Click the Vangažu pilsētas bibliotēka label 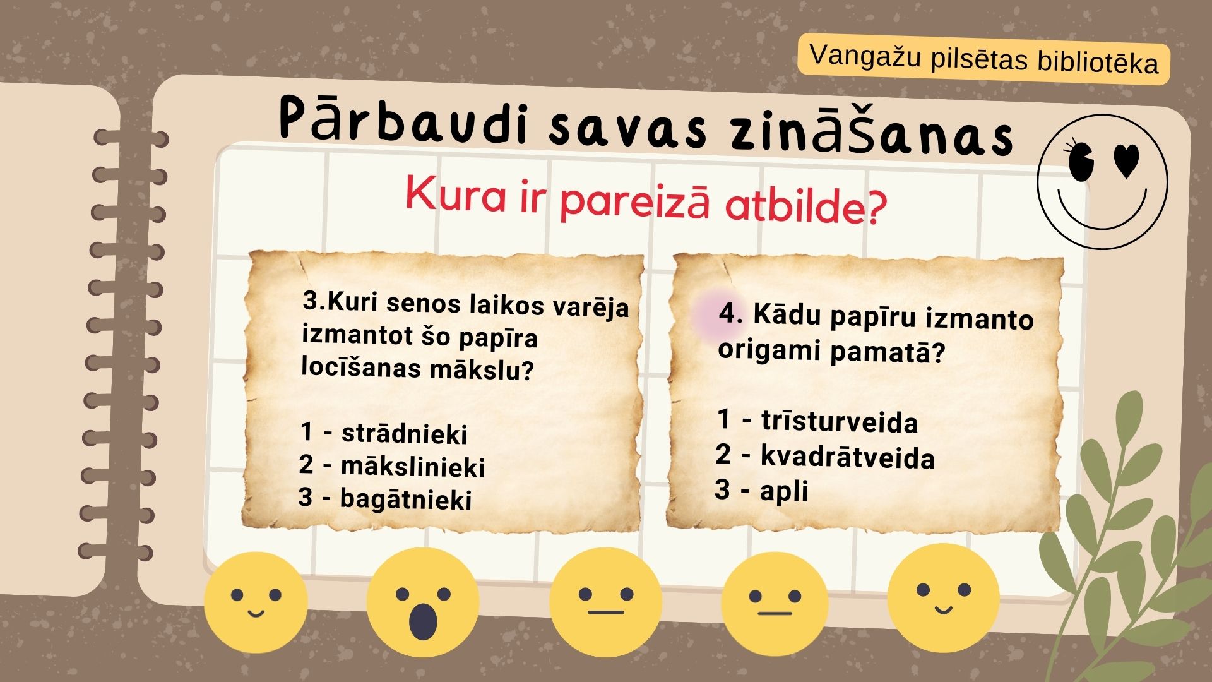click(983, 60)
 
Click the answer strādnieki click(404, 434)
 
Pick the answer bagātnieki click(406, 499)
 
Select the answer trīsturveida click(839, 422)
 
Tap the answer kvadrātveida click(847, 457)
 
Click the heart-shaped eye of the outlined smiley click(1126, 160)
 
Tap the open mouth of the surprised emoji click(422, 621)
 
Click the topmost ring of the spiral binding click(131, 138)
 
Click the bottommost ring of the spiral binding click(116, 552)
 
